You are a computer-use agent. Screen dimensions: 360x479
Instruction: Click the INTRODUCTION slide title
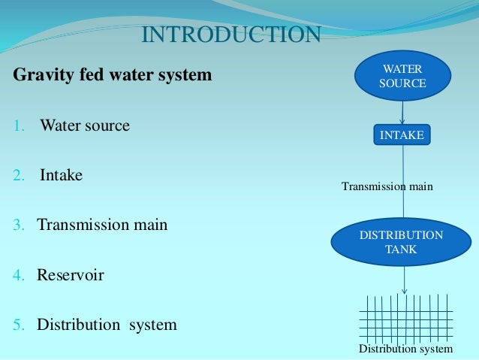pos(231,35)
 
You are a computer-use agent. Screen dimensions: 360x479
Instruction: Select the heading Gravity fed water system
pos(113,76)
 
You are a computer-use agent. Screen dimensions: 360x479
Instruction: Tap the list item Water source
pos(85,125)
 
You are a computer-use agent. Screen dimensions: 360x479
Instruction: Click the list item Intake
pos(62,175)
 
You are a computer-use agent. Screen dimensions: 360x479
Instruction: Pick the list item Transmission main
pos(103,225)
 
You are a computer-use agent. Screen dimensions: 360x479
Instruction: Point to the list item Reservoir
pos(71,275)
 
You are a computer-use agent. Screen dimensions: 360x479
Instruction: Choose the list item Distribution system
pos(107,325)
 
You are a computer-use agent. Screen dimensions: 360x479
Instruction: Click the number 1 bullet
pos(19,126)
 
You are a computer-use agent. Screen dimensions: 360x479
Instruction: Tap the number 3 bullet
pos(19,225)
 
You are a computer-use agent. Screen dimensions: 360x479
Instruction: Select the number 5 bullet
pos(19,325)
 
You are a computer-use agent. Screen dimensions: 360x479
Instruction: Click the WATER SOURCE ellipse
pos(402,77)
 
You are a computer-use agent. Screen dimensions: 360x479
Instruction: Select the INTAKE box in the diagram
pos(402,135)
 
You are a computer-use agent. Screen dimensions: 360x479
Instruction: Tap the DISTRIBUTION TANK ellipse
pos(401,243)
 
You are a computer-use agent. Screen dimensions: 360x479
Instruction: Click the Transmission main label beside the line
pos(387,186)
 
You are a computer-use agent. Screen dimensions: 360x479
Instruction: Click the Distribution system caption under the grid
pos(405,349)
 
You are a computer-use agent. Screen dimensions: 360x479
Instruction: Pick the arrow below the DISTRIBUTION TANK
pos(405,280)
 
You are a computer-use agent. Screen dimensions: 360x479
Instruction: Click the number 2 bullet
pos(19,176)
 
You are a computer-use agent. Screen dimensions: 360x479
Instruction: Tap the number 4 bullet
pos(19,276)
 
